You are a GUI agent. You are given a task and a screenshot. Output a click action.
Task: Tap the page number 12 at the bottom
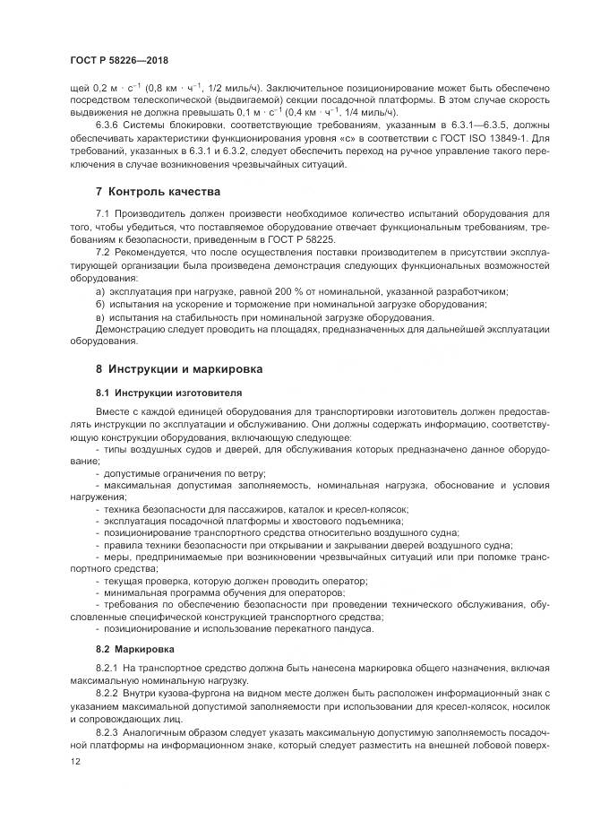[74, 761]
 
